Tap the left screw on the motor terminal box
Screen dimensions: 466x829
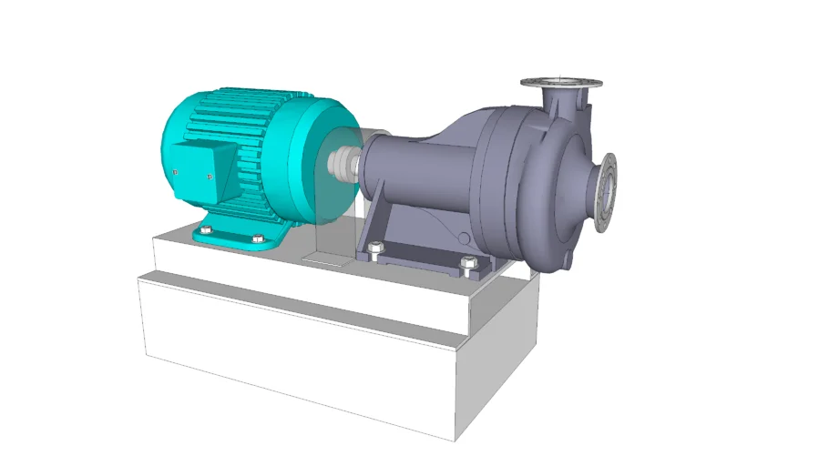click(174, 171)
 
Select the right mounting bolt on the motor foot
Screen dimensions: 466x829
click(254, 239)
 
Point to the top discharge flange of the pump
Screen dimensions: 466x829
click(562, 83)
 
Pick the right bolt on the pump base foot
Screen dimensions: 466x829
click(468, 264)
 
